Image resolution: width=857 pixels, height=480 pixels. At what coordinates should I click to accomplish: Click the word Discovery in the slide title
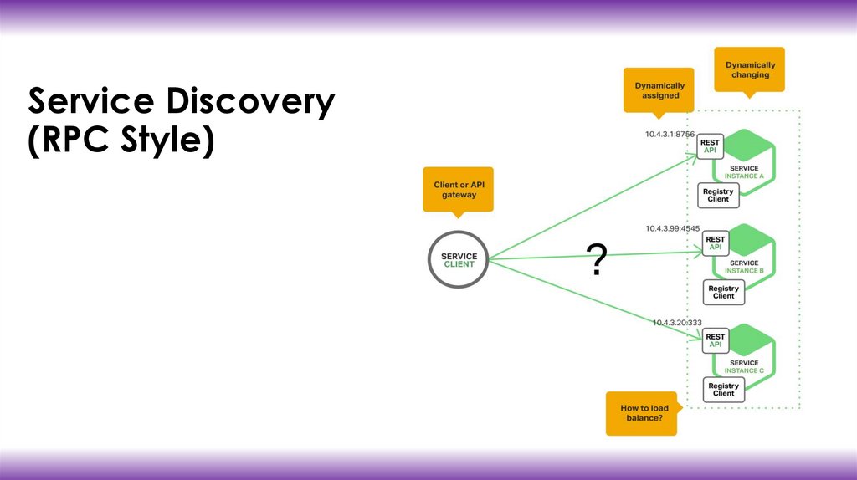click(x=250, y=102)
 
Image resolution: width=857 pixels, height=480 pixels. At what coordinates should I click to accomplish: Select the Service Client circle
click(x=458, y=260)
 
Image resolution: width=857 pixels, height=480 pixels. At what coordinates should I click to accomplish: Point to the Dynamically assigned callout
click(x=659, y=89)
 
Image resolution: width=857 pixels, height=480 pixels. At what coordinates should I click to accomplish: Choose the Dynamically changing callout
click(x=750, y=69)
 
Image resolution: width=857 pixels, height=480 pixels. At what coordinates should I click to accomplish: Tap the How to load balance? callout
click(x=642, y=412)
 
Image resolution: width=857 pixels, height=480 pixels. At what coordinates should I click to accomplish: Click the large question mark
click(x=596, y=262)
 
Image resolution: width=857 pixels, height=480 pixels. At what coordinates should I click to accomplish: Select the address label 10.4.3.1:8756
click(x=671, y=134)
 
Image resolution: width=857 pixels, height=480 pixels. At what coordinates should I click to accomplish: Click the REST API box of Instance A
click(x=710, y=147)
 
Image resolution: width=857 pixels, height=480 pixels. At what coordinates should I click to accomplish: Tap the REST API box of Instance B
click(x=716, y=243)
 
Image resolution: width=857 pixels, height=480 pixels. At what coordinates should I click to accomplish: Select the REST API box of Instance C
click(x=716, y=340)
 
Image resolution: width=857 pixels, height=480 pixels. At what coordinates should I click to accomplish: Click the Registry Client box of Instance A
click(x=718, y=195)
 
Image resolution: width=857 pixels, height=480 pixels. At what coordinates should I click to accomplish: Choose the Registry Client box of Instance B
click(x=724, y=292)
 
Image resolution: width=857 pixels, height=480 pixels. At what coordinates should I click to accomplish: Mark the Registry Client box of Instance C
click(x=724, y=390)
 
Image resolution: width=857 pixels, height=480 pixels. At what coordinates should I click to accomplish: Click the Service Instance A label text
click(x=743, y=172)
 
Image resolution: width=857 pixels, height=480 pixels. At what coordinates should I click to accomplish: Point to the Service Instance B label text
click(x=743, y=268)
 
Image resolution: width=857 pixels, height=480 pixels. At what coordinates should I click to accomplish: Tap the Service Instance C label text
click(x=743, y=366)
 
